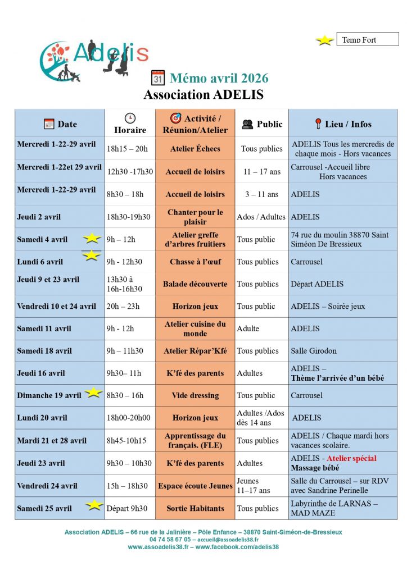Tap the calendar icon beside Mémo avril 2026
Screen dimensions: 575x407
pyautogui.click(x=158, y=78)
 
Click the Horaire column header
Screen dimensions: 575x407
pyautogui.click(x=130, y=124)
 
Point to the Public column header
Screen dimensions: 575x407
pyautogui.click(x=262, y=124)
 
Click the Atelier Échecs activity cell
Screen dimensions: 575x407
pyautogui.click(x=195, y=149)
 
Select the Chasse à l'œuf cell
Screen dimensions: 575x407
pyautogui.click(x=195, y=262)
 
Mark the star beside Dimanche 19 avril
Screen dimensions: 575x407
pyautogui.click(x=93, y=393)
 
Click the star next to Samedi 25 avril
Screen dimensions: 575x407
pyautogui.click(x=94, y=506)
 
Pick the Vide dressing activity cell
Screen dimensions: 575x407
pyautogui.click(x=195, y=395)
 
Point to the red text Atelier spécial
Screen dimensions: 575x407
pyautogui.click(x=351, y=459)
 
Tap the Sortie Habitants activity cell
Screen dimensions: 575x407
pyautogui.click(x=195, y=508)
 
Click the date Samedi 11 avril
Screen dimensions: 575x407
pyautogui.click(x=44, y=328)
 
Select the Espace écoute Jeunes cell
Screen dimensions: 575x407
pyautogui.click(x=195, y=486)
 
